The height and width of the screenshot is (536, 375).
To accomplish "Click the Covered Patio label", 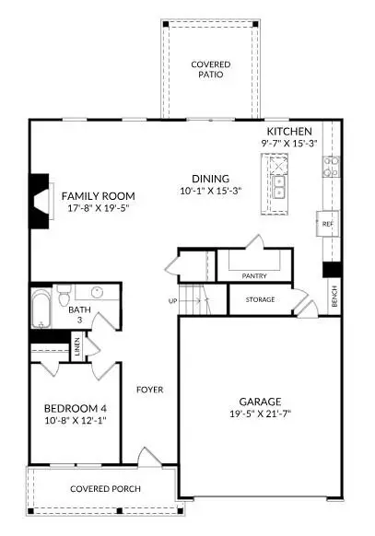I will tap(210, 69).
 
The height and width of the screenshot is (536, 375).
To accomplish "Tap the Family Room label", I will tap(99, 196).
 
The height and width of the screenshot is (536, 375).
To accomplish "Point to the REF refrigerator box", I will tap(327, 224).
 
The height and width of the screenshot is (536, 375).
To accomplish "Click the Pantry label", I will tap(253, 275).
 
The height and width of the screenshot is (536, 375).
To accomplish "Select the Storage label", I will tap(260, 299).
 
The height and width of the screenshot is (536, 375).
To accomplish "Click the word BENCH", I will tap(334, 297).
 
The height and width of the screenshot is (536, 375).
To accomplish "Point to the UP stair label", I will tap(172, 301).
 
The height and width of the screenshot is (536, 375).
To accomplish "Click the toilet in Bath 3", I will tap(64, 295).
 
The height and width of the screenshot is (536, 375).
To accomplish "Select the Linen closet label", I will tap(76, 348).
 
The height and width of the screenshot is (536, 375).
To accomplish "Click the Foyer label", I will tap(149, 390).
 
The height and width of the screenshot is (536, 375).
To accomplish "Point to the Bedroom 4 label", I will tap(76, 408).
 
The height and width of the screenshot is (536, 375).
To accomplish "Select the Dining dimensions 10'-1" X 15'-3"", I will tap(210, 192).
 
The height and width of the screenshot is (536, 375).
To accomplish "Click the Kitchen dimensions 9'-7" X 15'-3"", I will tap(290, 145).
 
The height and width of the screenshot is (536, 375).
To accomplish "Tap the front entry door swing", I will tap(147, 457).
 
